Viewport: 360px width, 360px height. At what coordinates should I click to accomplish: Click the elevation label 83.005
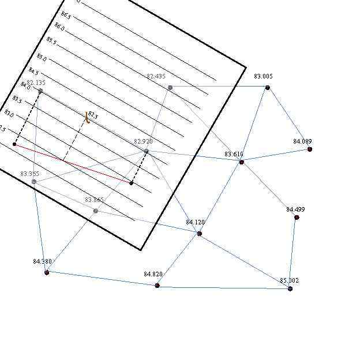(263, 76)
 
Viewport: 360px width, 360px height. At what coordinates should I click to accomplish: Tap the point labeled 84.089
(310, 149)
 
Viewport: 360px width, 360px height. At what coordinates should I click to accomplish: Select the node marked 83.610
(241, 162)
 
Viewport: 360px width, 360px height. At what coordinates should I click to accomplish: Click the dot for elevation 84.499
(297, 217)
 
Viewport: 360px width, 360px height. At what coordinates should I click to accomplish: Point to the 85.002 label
(289, 280)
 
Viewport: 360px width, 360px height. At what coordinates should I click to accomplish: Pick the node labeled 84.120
(200, 234)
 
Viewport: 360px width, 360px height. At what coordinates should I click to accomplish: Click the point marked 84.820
(157, 286)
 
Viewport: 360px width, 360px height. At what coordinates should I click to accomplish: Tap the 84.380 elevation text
(42, 261)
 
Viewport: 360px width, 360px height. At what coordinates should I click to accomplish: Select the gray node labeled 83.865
(96, 211)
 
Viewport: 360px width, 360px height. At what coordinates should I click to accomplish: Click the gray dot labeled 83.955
(34, 182)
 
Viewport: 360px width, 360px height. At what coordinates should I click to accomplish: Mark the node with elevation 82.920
(146, 152)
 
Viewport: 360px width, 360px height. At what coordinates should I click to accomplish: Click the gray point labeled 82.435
(170, 88)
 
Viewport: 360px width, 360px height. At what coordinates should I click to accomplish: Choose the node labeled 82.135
(40, 91)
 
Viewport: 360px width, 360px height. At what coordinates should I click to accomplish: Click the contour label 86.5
(66, 14)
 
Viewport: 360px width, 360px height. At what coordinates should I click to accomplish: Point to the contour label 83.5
(17, 100)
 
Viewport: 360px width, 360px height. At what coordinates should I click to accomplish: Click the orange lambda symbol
(87, 117)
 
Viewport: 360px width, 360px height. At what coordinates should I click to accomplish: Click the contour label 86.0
(59, 26)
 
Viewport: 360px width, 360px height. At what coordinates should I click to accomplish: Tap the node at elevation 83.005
(268, 87)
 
